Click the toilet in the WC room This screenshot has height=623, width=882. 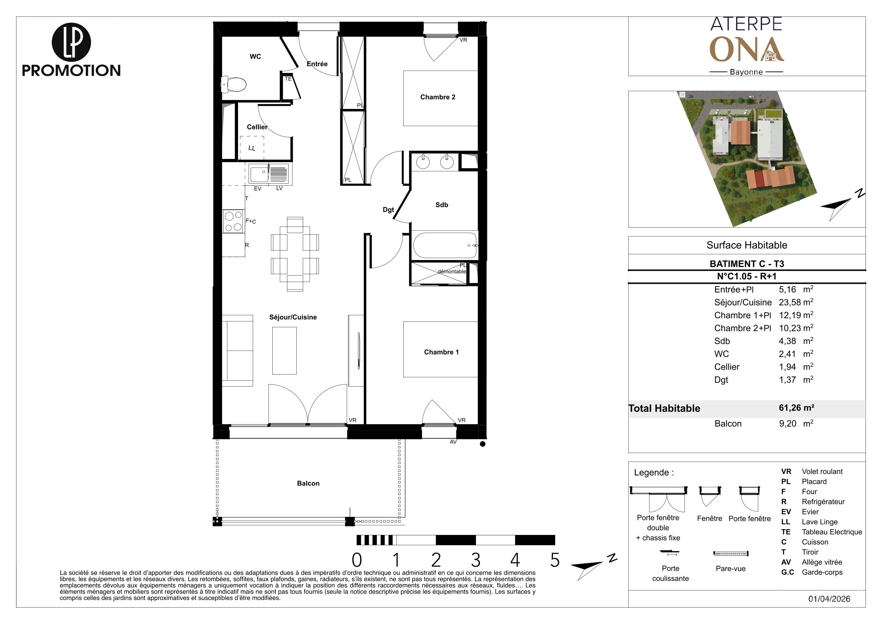point(234,84)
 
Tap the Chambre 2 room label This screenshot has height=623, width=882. point(438,97)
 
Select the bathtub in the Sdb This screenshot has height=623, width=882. point(445,245)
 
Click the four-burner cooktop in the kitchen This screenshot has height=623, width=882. point(233,221)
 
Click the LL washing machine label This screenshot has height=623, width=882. point(252,148)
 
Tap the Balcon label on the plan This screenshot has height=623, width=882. point(308,483)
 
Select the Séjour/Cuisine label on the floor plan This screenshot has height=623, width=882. point(293,317)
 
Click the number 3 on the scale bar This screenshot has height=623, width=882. point(476,560)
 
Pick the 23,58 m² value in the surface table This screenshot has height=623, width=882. point(796,302)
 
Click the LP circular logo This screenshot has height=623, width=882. point(71,42)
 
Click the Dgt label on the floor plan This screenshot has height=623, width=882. point(389,210)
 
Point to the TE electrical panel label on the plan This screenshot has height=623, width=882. point(288,79)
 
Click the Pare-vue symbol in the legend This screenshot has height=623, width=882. point(731,553)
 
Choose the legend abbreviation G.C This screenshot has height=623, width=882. point(787,572)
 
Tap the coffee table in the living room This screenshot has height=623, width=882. point(284,351)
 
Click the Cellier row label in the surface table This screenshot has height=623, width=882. point(726,367)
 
